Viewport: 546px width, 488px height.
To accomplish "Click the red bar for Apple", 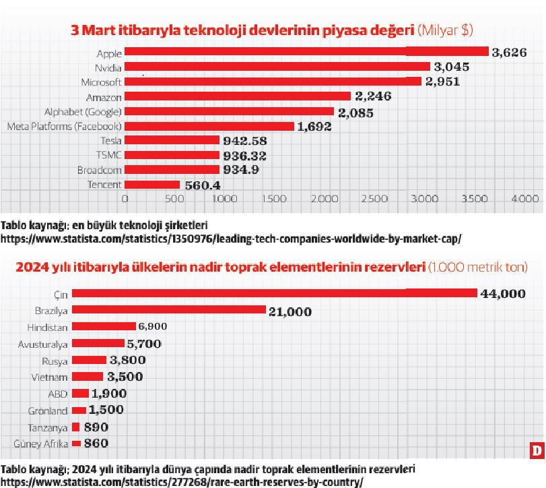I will point(306,52).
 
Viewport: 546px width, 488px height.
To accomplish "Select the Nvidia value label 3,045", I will point(451,67).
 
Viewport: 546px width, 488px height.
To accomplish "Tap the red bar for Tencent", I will point(152,185).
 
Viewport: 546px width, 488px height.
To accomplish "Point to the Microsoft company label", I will point(102,82).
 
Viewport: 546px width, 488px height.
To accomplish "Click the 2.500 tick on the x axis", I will point(374,199).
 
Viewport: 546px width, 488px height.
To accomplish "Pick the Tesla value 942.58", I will point(245,141).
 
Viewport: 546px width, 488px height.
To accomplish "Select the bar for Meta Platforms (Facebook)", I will point(209,126).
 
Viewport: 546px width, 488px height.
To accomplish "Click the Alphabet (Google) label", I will point(83,111).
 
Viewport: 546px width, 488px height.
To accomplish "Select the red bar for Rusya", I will point(88,361).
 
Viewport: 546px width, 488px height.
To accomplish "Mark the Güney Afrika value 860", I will point(96,444).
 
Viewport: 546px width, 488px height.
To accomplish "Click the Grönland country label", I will point(48,410).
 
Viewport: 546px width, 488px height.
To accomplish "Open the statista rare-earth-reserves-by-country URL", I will point(182,482).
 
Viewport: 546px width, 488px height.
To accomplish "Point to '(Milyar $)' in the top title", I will point(451,30).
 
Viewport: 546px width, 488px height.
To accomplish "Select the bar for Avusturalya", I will point(98,344).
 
